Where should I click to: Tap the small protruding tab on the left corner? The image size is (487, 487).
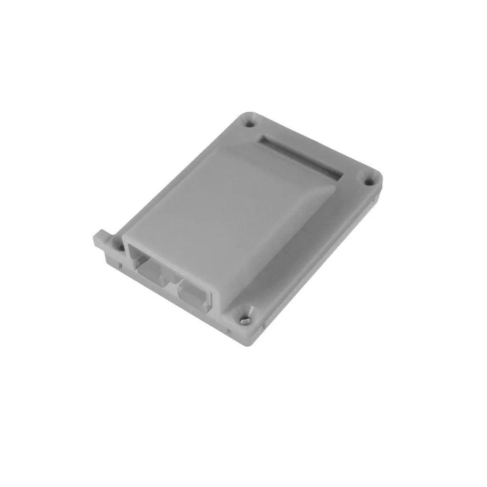100,237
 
